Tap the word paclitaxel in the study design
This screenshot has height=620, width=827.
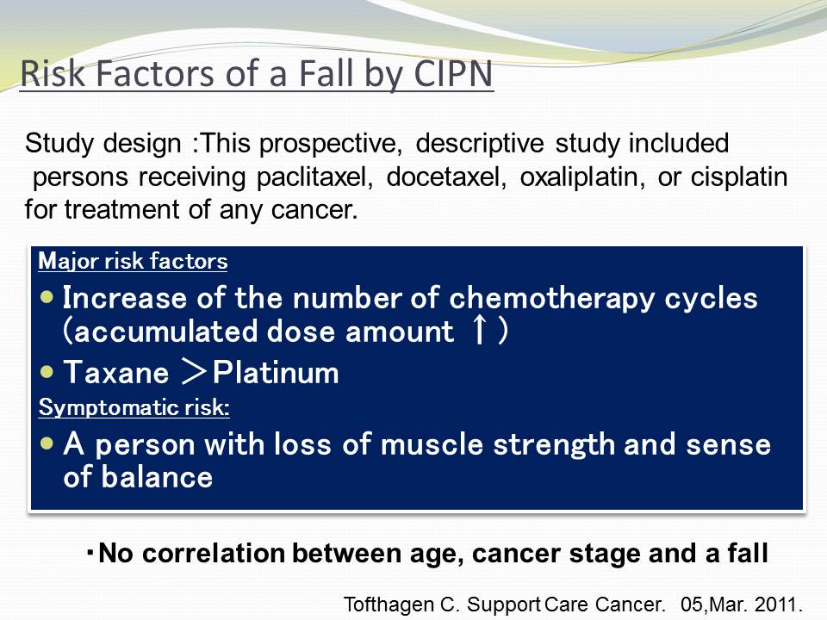pos(315,177)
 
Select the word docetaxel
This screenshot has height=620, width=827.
pos(446,177)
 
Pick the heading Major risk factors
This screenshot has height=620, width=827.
pos(133,262)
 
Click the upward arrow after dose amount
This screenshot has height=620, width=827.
pos(480,331)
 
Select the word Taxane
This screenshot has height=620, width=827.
pos(116,372)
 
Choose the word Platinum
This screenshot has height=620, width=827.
pos(276,372)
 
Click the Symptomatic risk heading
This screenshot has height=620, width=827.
pos(134,407)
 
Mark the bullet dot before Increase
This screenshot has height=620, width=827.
pos(47,297)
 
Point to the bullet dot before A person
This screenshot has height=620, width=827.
pos(47,443)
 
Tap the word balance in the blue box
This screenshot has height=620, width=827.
pos(157,477)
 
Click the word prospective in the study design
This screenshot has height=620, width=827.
pos(330,144)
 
